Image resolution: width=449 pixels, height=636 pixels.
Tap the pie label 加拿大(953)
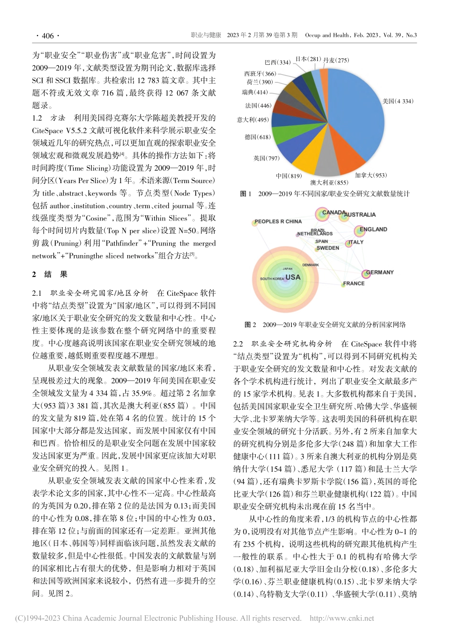click(371, 176)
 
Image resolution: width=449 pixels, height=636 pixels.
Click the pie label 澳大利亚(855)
click(329, 183)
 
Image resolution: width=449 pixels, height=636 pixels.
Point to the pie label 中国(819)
click(289, 176)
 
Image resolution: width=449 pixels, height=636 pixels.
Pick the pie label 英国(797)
click(267, 159)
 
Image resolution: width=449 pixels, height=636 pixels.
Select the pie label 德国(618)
click(258, 137)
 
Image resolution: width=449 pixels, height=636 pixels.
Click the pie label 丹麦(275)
click(336, 60)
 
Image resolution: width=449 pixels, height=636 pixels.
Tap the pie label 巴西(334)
click(277, 62)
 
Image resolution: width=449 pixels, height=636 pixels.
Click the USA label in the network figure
click(293, 277)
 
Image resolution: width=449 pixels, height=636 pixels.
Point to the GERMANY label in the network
click(380, 273)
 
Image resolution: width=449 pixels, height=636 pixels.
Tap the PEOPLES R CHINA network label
click(278, 221)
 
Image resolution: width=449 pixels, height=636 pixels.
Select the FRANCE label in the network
click(354, 284)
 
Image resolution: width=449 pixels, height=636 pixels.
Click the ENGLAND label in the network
click(373, 230)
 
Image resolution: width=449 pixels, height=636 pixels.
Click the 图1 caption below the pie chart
click(325, 194)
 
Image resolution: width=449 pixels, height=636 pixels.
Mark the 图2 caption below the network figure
click(325, 325)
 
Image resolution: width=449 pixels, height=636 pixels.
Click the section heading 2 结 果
click(50, 274)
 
